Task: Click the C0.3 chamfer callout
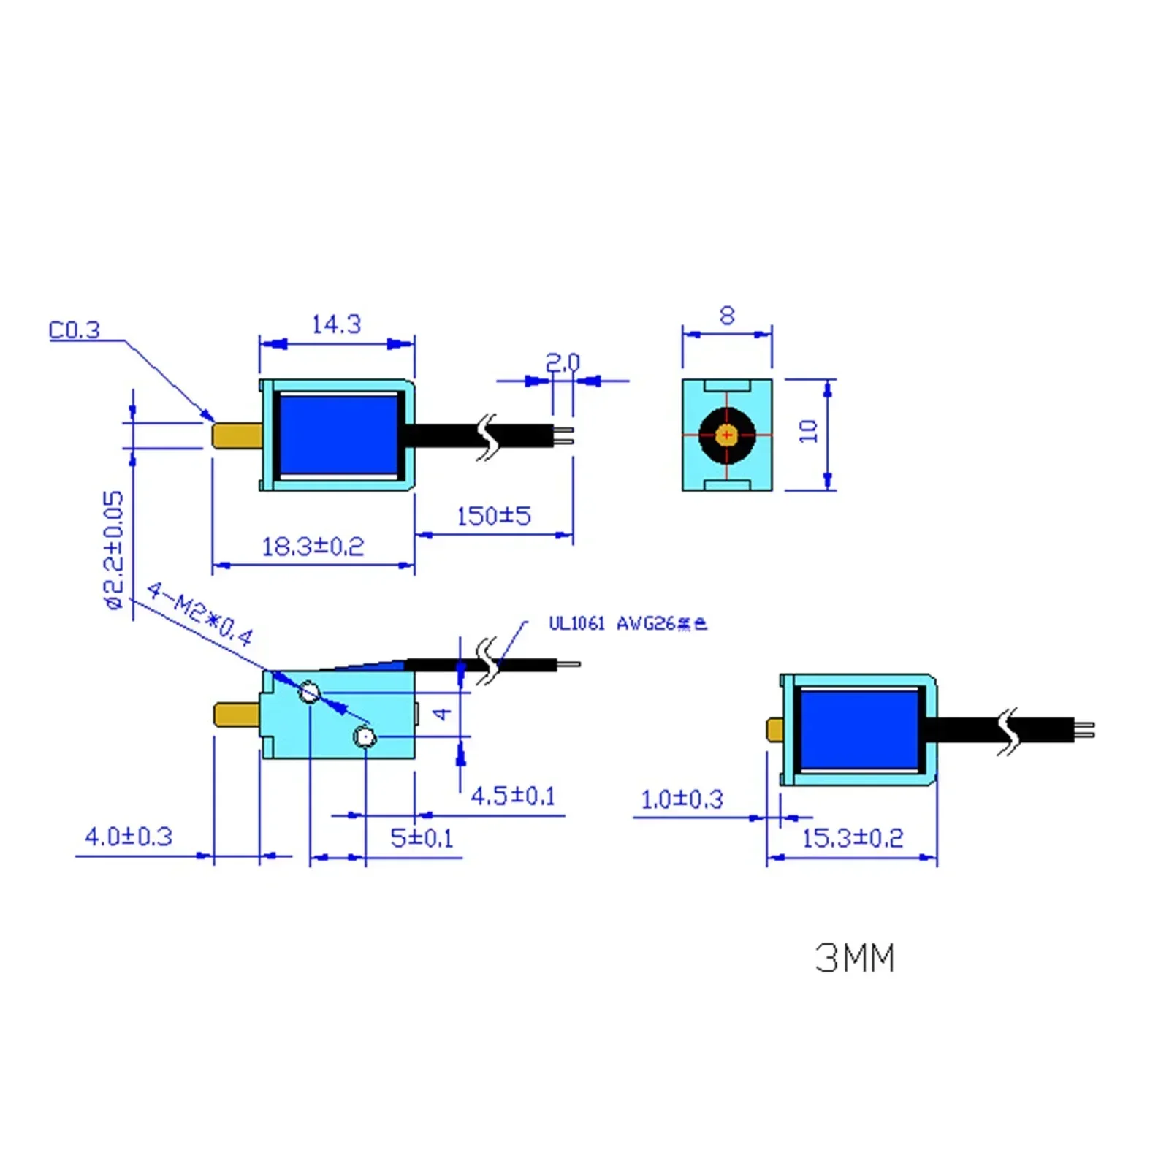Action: point(74,330)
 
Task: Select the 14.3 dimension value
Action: point(336,324)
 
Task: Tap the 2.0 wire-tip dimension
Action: point(563,362)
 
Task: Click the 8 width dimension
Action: point(726,316)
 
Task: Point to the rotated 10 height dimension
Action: point(808,431)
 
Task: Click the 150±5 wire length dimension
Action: point(493,517)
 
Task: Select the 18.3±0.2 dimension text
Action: point(313,547)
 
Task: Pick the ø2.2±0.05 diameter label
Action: point(114,549)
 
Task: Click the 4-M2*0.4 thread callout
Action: point(199,614)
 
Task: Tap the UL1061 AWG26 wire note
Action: point(628,623)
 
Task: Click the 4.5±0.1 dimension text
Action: point(513,796)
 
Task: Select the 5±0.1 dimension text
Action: point(422,837)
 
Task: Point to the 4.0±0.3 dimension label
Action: point(129,836)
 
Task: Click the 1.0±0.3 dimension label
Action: point(682,799)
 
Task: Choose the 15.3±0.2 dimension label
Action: point(853,837)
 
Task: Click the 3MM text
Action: point(855,958)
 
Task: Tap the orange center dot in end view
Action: point(726,435)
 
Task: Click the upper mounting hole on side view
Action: point(310,692)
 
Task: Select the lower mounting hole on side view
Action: point(365,736)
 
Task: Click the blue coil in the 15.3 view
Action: point(859,729)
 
